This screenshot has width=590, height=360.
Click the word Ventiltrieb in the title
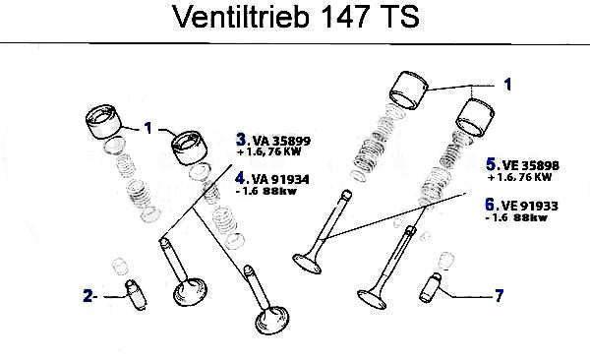[241, 17]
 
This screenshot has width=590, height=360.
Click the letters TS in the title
[399, 17]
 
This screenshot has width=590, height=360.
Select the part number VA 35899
[281, 141]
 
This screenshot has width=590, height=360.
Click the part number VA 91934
[280, 179]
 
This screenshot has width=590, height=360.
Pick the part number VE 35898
[530, 165]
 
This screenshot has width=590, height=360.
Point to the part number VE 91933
[529, 206]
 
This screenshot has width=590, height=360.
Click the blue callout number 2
[88, 296]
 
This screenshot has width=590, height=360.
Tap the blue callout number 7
[499, 296]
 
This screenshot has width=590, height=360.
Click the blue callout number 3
[241, 140]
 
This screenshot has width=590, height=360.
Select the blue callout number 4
[240, 178]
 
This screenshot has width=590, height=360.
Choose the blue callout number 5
[491, 164]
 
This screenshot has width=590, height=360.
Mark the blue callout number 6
[490, 205]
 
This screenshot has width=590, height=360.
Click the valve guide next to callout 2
[136, 295]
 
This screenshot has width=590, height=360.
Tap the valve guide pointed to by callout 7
[430, 287]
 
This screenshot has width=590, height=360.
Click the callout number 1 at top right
[507, 85]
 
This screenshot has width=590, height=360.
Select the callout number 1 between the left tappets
[148, 128]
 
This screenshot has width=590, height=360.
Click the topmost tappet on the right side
[408, 90]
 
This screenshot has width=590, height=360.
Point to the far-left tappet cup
[103, 122]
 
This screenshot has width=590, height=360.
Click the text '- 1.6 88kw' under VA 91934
[266, 191]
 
